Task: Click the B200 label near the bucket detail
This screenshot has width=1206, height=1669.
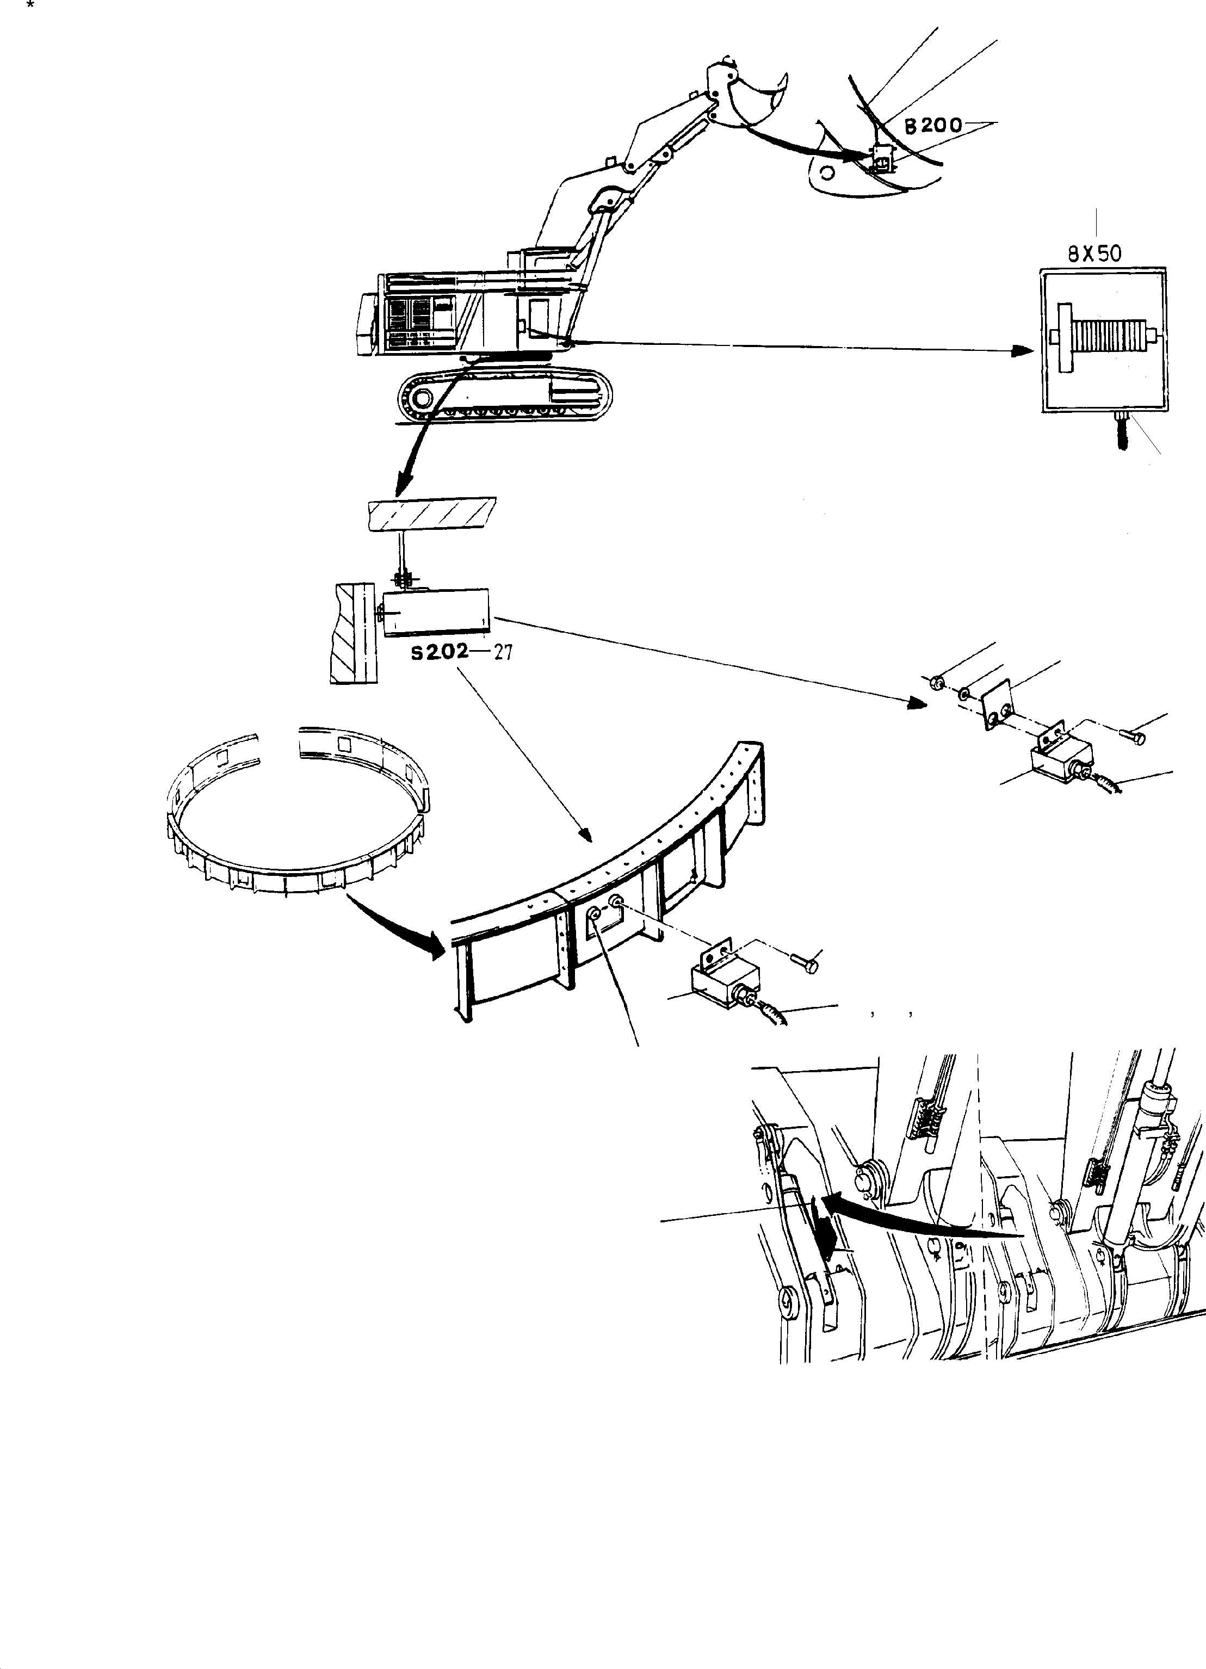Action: [x=932, y=126]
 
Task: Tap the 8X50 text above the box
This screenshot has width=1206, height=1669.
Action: [x=1094, y=254]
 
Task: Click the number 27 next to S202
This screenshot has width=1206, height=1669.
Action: [x=503, y=652]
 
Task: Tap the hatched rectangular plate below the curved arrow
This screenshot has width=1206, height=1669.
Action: [x=431, y=513]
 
